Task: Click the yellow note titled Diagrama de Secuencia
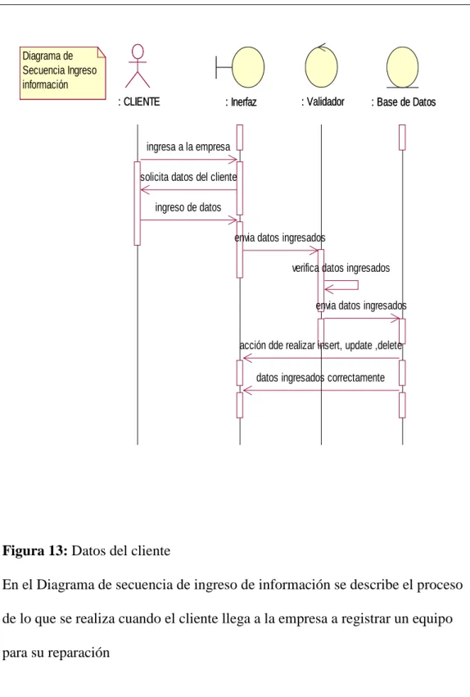62,73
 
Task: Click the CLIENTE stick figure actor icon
138,66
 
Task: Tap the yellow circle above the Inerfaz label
248,67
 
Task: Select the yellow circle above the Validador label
321,66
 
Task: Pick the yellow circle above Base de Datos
403,67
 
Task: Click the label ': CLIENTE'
139,102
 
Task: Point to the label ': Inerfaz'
242,102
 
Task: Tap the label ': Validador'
323,102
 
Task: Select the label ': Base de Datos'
404,102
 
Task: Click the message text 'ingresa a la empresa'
188,147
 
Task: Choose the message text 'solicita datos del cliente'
188,177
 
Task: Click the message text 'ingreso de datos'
188,207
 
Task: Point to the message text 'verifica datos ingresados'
341,268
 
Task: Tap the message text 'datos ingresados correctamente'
320,378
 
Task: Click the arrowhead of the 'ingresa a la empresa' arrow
234,160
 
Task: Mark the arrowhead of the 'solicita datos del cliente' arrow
144,190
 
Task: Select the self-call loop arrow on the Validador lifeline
358,285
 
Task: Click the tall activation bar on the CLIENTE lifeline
138,203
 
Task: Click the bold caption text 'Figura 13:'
35,550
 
